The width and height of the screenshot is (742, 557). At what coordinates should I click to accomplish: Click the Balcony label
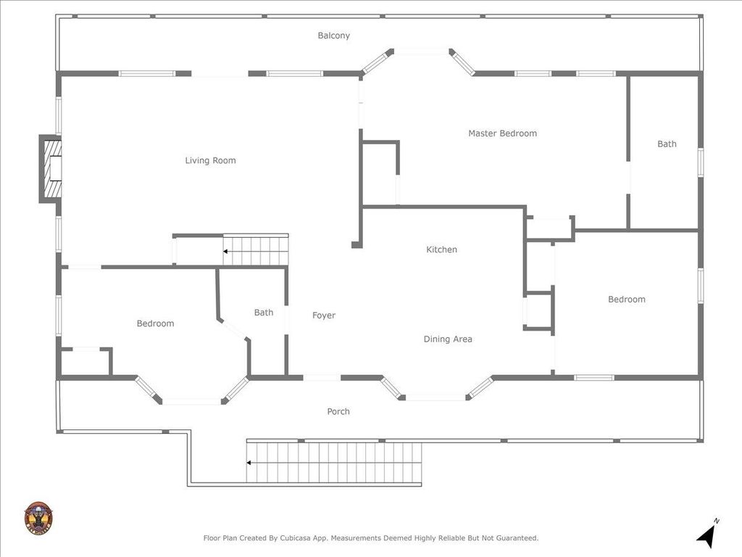(x=333, y=36)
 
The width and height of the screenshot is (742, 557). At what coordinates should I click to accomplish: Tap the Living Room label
(x=211, y=160)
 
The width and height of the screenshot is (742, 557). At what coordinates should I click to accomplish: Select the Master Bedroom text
(x=503, y=133)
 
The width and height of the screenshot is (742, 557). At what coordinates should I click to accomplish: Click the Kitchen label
(x=441, y=249)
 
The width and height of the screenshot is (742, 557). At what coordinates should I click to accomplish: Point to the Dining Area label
(x=448, y=339)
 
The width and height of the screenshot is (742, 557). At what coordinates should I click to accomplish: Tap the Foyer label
(x=324, y=315)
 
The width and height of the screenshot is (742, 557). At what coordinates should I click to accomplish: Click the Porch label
(x=338, y=412)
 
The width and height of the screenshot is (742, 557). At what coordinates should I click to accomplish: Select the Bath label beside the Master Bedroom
(x=667, y=144)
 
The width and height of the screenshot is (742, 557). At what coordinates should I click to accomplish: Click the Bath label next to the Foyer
(x=264, y=313)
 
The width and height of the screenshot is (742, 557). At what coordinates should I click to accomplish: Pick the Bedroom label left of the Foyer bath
(x=155, y=323)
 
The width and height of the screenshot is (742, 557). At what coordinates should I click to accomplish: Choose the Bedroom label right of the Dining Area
(x=627, y=300)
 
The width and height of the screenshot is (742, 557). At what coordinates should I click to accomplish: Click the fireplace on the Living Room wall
(x=51, y=168)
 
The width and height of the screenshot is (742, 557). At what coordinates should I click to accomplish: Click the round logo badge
(x=38, y=518)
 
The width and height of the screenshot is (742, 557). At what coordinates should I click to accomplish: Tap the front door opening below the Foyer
(x=322, y=377)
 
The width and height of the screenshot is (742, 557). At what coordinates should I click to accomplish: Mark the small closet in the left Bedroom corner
(x=86, y=363)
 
